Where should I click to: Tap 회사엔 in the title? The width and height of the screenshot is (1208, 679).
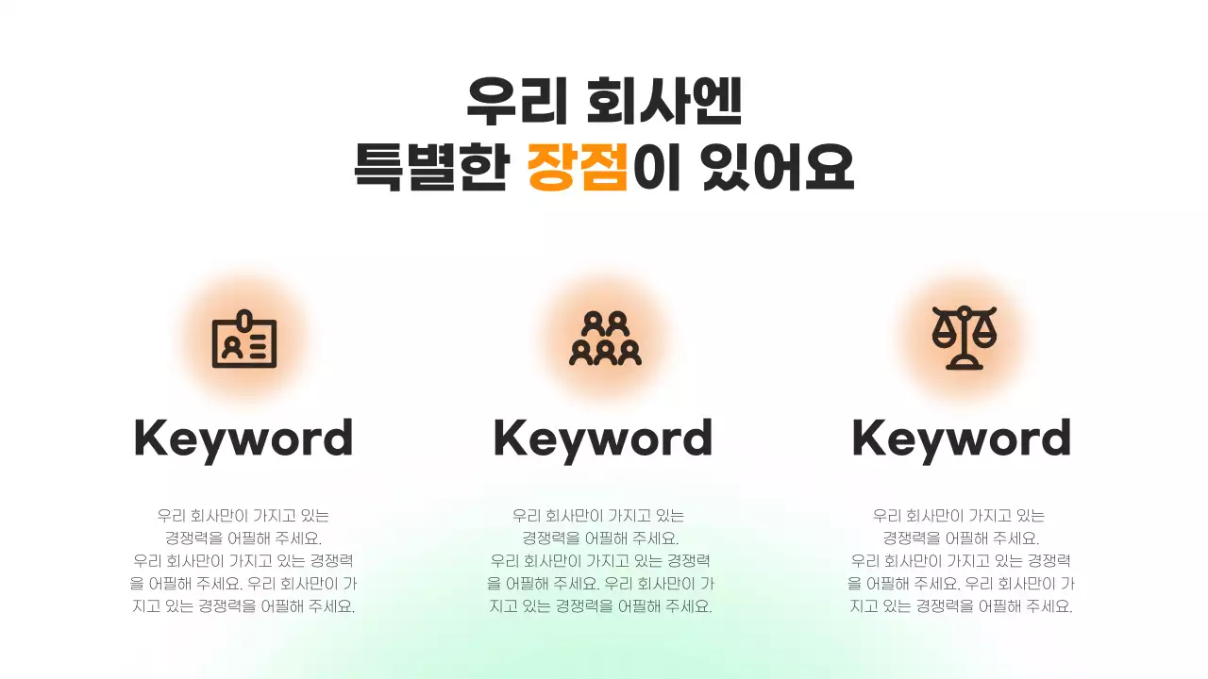pos(664,102)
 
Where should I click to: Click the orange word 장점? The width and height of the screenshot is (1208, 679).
pos(578,168)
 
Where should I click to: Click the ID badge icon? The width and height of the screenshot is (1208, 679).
pos(244,339)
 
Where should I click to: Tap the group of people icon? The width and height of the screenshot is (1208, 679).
pos(605,339)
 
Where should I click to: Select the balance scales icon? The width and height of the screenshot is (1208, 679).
pos(965,339)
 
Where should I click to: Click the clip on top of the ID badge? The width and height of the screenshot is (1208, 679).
pos(244,318)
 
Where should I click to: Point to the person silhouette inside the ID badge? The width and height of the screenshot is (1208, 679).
pos(229,346)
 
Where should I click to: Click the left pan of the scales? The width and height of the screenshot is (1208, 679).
pos(944,332)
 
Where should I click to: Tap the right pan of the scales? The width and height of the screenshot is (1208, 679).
pos(985,332)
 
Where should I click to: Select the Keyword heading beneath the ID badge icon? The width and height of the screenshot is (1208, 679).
pos(243,439)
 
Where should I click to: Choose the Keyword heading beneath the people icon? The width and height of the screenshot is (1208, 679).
pos(603,439)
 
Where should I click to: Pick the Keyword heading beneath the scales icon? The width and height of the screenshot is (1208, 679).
pos(962,439)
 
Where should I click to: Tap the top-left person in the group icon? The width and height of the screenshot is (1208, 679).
pos(593,323)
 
